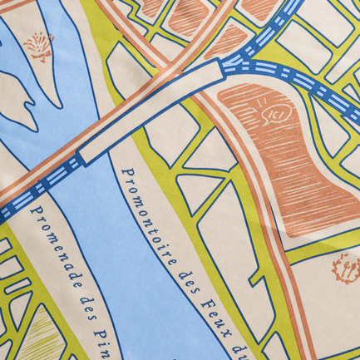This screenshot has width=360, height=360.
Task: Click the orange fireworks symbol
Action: point(37,46)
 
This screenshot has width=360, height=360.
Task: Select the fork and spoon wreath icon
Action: point(344,268)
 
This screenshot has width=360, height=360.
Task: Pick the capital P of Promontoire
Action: point(127,174)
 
